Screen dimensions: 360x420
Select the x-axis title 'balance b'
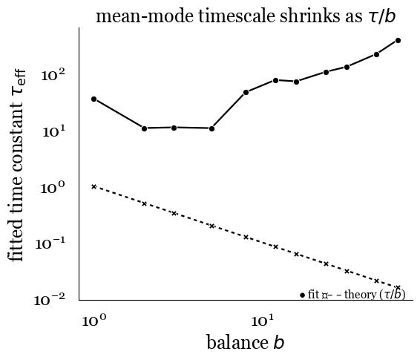(245, 342)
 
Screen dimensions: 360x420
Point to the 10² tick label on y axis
(53, 76)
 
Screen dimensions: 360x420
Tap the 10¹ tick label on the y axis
(53, 131)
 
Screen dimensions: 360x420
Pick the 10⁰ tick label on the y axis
(53, 188)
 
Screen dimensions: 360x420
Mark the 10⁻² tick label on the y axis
(50, 299)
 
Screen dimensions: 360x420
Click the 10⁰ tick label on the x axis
(93, 321)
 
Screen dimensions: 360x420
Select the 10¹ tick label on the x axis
(260, 321)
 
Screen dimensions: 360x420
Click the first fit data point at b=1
(93, 99)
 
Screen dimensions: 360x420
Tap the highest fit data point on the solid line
(398, 40)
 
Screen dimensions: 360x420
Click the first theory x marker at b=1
(93, 186)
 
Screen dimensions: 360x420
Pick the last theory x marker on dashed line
(398, 287)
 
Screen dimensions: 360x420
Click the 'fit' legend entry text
(313, 295)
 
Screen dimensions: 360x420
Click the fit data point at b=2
(144, 128)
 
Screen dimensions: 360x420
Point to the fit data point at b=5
(211, 128)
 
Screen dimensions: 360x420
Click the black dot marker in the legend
(303, 295)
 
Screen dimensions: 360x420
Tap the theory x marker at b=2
(144, 203)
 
